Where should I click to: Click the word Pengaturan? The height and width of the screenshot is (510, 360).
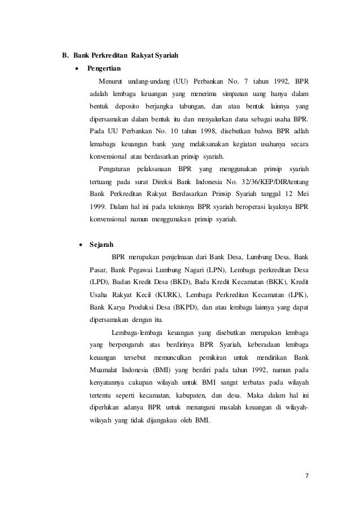[x=115, y=169]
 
